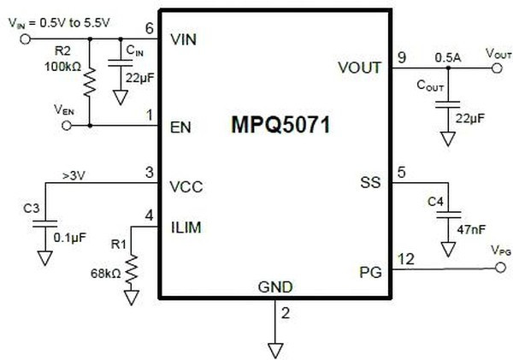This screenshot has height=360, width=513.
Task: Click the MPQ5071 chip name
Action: [280, 124]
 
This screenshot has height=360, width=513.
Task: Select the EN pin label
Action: [180, 127]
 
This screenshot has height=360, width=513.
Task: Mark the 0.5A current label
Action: [443, 57]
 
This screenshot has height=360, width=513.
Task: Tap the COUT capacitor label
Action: [428, 86]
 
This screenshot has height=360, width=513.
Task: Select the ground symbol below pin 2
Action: [275, 348]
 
